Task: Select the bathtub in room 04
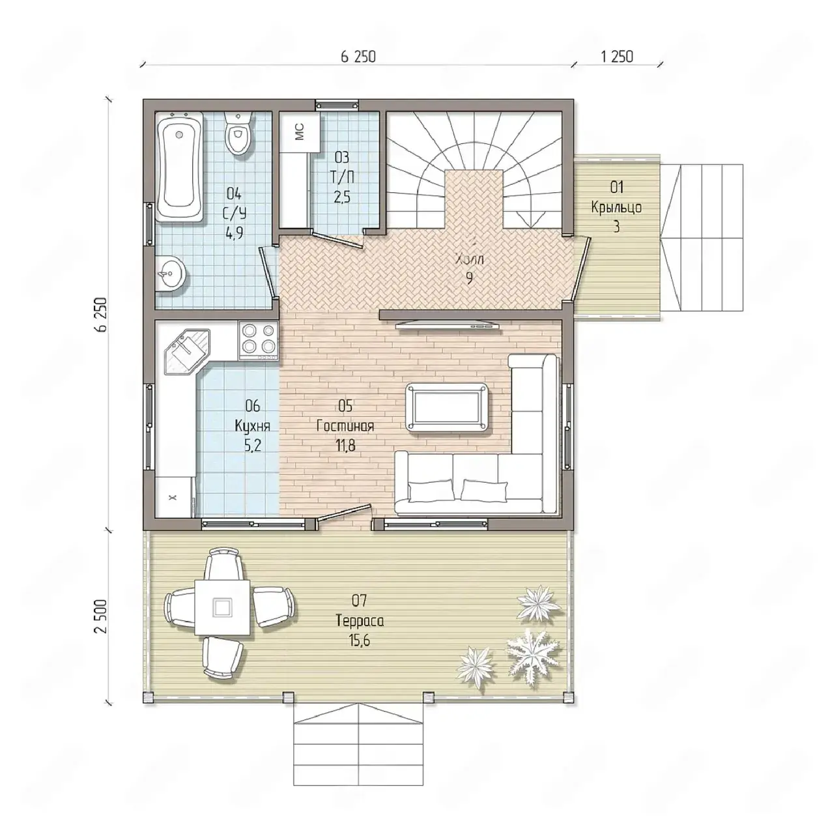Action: click(x=180, y=167)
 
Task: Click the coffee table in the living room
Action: click(x=447, y=407)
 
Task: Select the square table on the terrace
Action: click(x=223, y=607)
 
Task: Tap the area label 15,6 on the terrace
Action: click(x=359, y=640)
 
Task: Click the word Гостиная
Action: click(x=345, y=426)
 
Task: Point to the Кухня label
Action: click(x=252, y=426)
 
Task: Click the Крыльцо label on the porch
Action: click(x=616, y=207)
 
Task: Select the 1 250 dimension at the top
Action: click(x=617, y=57)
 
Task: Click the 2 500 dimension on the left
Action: click(x=101, y=616)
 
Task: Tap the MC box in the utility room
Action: click(x=299, y=132)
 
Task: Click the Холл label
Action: click(x=469, y=260)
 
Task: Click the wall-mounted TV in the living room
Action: click(x=448, y=325)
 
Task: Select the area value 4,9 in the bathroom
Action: click(x=234, y=233)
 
